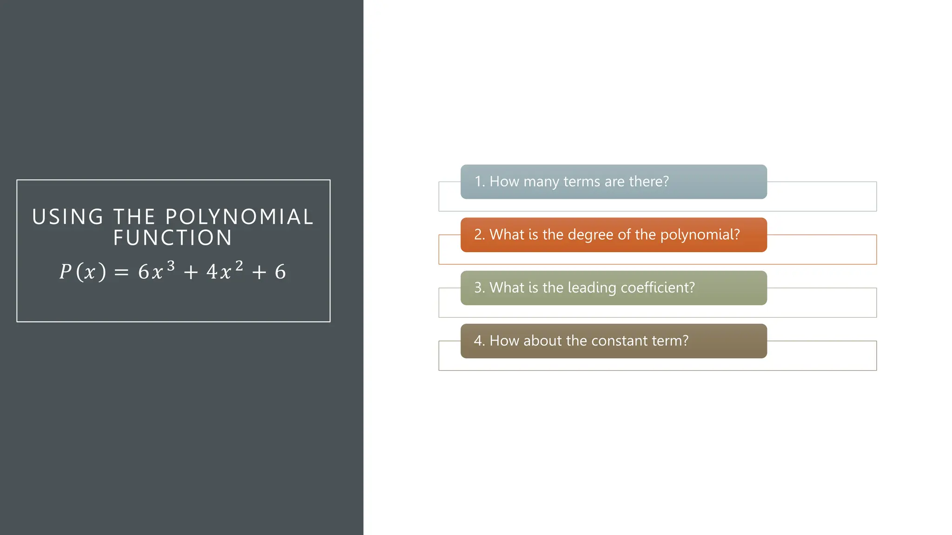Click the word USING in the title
pyautogui.click(x=68, y=217)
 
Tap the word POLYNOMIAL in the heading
pyautogui.click(x=240, y=217)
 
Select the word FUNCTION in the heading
pyautogui.click(x=173, y=238)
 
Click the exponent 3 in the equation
pyautogui.click(x=171, y=266)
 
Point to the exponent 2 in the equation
pyautogui.click(x=239, y=266)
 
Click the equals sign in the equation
pyautogui.click(x=121, y=273)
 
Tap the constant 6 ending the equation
pyautogui.click(x=280, y=272)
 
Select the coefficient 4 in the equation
pyautogui.click(x=212, y=272)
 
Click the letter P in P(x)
pyautogui.click(x=66, y=272)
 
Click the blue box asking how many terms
pyautogui.click(x=614, y=182)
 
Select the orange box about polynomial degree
pyautogui.click(x=614, y=235)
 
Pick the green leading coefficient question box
pyautogui.click(x=614, y=288)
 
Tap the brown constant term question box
pyautogui.click(x=614, y=341)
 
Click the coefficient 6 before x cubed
pyautogui.click(x=144, y=272)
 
